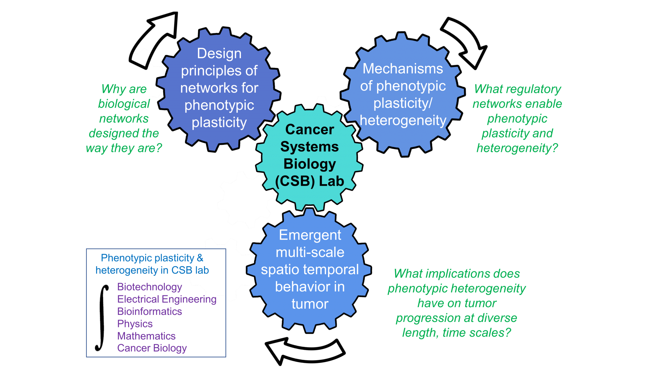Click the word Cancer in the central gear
click(x=309, y=130)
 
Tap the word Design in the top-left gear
click(x=219, y=53)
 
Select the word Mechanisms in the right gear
click(x=403, y=69)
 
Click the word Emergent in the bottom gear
click(x=310, y=235)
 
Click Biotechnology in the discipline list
click(x=149, y=287)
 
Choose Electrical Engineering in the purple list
click(x=167, y=299)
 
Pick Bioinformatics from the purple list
click(x=149, y=311)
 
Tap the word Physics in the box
click(x=135, y=324)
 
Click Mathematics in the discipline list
click(x=146, y=336)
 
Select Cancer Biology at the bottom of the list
click(x=152, y=348)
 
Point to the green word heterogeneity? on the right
click(x=517, y=148)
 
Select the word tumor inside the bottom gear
click(x=310, y=304)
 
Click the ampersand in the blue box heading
click(x=200, y=258)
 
